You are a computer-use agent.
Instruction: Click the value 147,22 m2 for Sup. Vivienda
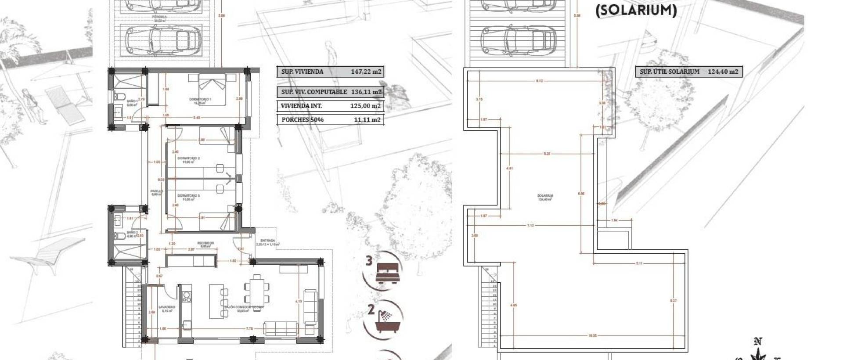point(366,72)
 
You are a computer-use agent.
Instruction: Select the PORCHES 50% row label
point(303,120)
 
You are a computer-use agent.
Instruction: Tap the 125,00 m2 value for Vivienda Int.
point(365,106)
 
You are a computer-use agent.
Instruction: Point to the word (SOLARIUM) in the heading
point(636,10)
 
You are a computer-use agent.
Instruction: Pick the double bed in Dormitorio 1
point(213,90)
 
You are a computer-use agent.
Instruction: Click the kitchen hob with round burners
point(187,294)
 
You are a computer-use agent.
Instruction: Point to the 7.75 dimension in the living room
point(249,328)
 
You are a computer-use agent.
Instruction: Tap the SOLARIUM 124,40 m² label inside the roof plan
point(545,197)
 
